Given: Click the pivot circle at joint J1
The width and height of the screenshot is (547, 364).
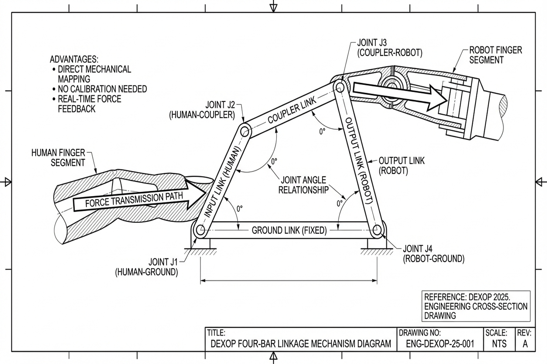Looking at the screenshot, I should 200,230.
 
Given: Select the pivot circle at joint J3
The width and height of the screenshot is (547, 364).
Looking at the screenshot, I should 339,86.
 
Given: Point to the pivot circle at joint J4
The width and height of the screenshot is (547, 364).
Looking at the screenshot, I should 377,230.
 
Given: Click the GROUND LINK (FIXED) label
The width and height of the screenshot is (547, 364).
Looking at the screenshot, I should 289,230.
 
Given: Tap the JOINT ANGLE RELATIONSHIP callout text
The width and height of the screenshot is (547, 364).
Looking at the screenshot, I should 303,185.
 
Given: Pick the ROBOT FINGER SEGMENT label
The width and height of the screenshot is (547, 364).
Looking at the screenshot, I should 495,55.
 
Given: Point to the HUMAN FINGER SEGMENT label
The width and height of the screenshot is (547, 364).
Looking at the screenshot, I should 59,158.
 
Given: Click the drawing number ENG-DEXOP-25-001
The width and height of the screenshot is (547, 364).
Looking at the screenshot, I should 440,344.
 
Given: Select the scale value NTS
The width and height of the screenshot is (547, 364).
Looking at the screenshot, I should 499,344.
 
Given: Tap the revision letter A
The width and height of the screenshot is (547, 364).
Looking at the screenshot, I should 525,344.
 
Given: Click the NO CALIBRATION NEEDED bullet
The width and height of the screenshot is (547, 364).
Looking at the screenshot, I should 102,89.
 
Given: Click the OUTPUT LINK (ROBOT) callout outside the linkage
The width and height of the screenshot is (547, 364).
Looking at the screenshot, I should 401,166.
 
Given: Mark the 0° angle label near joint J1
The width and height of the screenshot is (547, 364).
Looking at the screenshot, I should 239,209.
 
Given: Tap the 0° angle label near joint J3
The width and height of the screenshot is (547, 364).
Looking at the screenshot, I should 322,132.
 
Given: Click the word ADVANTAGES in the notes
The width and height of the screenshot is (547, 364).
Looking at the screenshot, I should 74,59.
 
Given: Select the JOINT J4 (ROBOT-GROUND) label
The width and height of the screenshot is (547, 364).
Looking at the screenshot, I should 433,253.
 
